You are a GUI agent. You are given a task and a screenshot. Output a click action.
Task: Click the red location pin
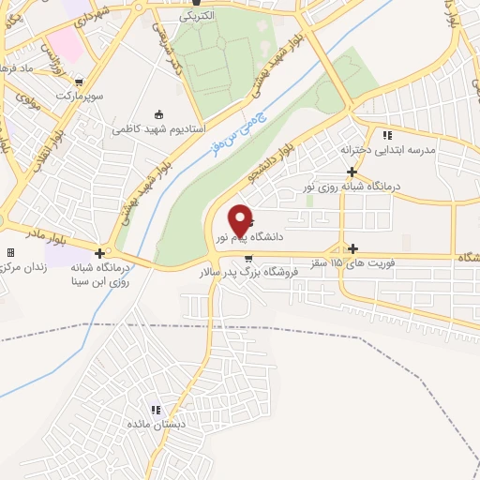coord(241,219)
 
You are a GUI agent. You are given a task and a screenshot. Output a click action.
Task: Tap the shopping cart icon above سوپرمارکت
coord(79,82)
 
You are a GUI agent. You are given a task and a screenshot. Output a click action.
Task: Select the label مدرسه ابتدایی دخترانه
coord(388,149)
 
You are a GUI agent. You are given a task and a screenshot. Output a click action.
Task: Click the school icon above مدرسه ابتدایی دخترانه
coord(387,135)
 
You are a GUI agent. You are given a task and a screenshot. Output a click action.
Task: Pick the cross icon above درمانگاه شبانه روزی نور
coord(352,172)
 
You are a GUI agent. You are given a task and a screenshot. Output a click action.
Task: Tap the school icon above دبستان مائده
coord(156,410)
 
